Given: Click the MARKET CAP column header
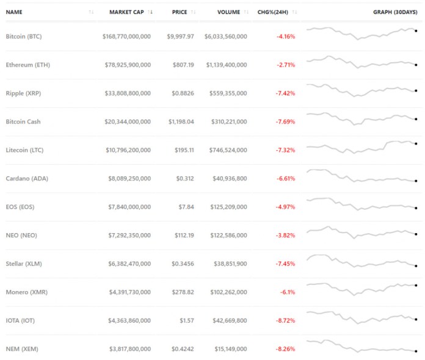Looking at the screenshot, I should coord(126,12).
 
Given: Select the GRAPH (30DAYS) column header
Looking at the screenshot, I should coord(396,12).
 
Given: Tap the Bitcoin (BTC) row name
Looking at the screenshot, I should coord(24,37).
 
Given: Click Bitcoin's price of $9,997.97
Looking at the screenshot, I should coord(180,37).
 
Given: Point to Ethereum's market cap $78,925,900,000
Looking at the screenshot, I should coord(126,65).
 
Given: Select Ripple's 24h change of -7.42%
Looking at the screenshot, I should coord(285,93).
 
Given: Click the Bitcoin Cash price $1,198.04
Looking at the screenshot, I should coord(181,121).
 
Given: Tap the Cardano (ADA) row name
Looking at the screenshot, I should coord(25,178).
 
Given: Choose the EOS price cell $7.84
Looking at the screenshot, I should coord(185,207).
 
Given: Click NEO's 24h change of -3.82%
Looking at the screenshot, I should coord(285,235).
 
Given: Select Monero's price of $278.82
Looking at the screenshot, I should coord(183,292).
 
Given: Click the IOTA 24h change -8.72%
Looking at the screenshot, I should coord(285,320).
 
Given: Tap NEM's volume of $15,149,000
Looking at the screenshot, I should coord(228,349).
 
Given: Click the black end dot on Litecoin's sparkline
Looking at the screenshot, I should coord(416,144).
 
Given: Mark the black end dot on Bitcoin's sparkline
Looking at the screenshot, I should coord(416,30).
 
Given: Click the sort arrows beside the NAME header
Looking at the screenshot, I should coord(91,12).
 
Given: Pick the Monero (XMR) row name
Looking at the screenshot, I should coord(25,292).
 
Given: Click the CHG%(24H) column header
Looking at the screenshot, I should coord(273,12).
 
